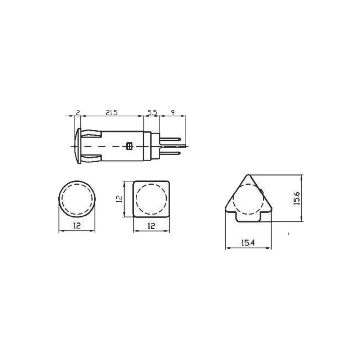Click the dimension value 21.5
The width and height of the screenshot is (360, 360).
[112, 112]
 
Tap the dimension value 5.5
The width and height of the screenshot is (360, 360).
[153, 112]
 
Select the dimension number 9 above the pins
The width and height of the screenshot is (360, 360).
[173, 112]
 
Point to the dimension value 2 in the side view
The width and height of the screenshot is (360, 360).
[78, 112]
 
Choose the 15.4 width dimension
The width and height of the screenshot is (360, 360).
[248, 243]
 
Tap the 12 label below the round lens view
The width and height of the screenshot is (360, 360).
[77, 226]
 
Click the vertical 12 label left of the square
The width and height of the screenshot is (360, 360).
[119, 199]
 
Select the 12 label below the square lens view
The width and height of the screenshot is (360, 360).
[151, 226]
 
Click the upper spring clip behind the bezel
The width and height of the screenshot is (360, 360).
[92, 134]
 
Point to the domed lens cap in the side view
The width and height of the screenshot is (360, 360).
[76, 146]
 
